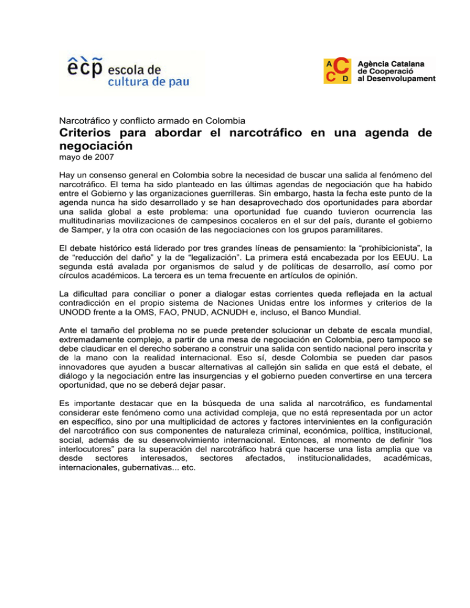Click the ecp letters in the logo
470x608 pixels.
click(x=84, y=66)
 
